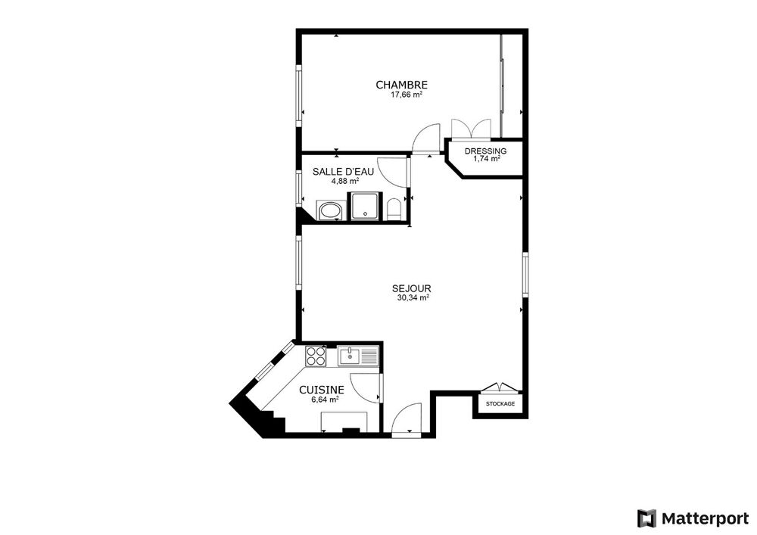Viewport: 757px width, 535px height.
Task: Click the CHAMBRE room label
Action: tap(402, 85)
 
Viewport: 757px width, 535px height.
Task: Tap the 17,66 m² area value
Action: tap(407, 95)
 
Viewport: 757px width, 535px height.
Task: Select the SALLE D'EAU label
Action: tap(343, 172)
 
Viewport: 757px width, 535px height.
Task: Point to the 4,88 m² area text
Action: tap(344, 182)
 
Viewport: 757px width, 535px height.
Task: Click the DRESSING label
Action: tap(486, 151)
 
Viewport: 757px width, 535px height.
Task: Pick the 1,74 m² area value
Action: tap(487, 159)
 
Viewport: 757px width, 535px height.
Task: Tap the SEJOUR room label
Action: tap(411, 288)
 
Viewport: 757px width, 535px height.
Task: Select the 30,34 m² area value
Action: tap(413, 298)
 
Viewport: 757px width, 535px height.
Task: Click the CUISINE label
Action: tap(322, 390)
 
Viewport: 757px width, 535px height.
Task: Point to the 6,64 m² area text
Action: tap(325, 400)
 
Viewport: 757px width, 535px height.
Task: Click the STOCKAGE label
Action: tap(500, 404)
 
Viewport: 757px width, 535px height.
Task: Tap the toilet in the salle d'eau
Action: tap(394, 210)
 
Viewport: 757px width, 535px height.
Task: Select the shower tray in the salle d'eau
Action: tap(365, 207)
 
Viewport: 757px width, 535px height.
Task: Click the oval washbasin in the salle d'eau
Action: tap(330, 211)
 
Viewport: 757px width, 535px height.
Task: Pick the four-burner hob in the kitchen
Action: tap(315, 356)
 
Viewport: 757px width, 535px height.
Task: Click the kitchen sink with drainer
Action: tap(358, 356)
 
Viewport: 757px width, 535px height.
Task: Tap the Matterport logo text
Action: tap(705, 518)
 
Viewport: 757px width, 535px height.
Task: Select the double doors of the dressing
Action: tap(471, 129)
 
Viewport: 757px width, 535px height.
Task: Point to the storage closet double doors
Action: tap(500, 387)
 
